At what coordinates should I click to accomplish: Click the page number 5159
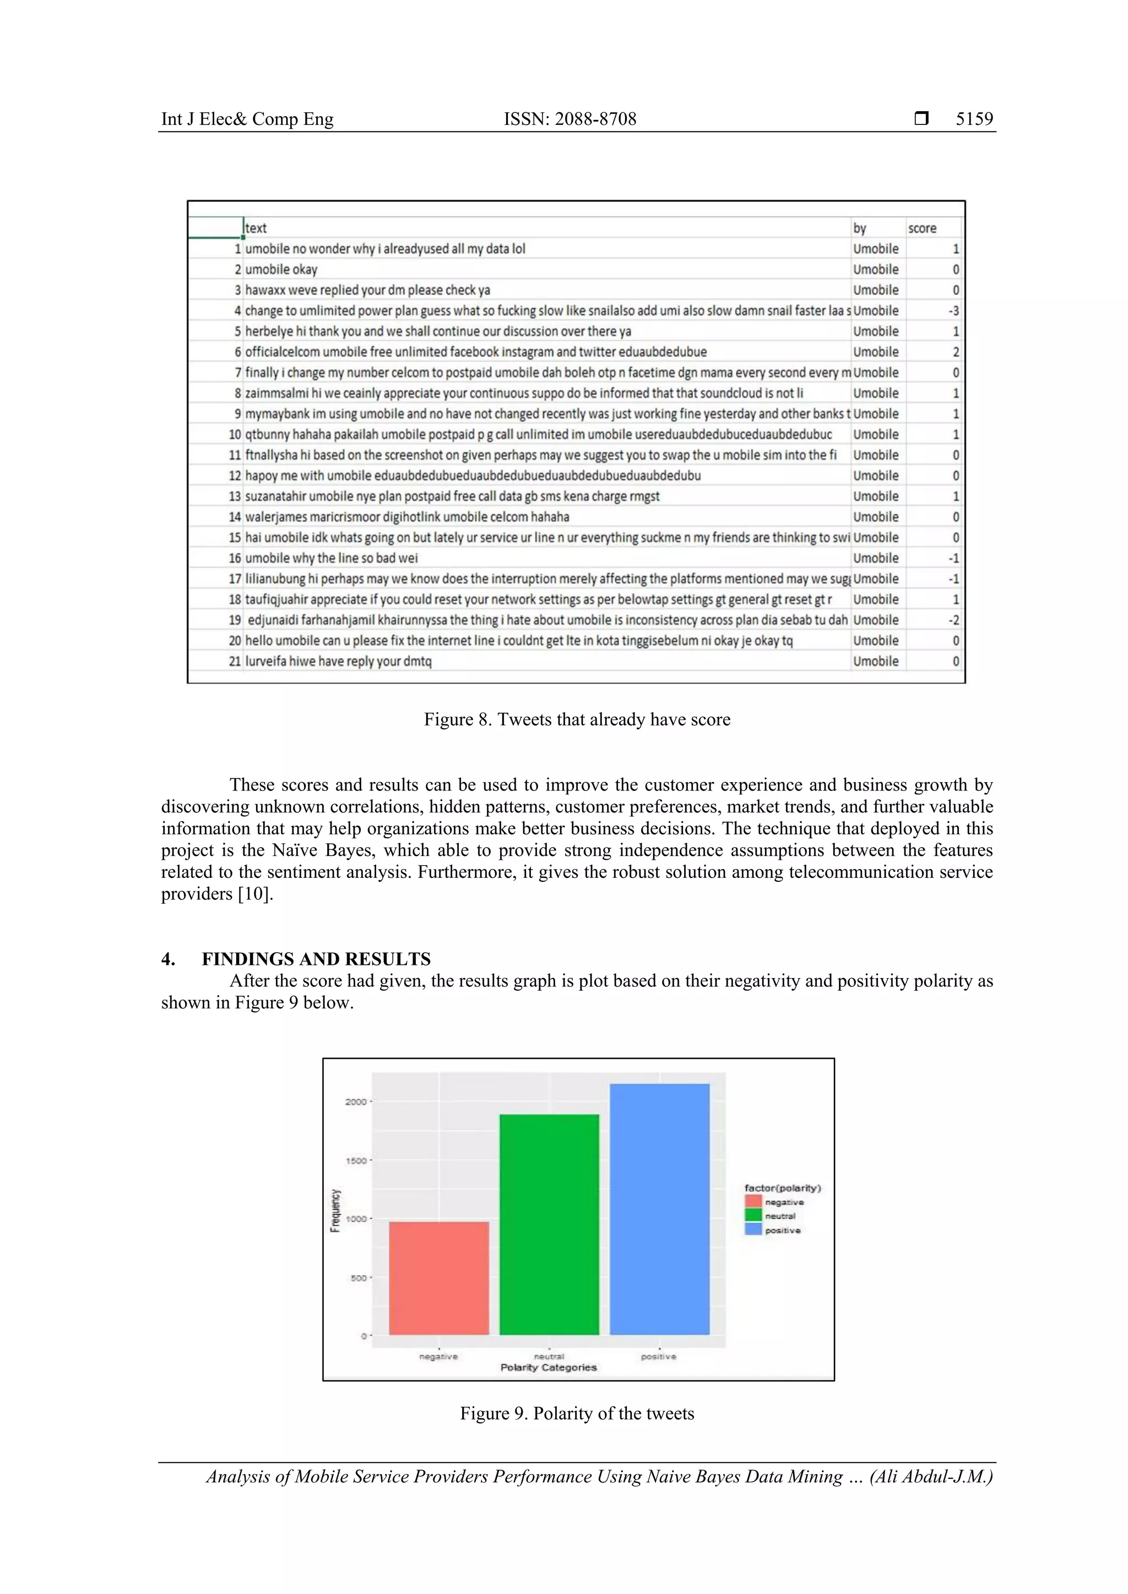[x=974, y=119]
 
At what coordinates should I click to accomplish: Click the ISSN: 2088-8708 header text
[x=570, y=119]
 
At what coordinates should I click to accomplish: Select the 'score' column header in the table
[x=921, y=228]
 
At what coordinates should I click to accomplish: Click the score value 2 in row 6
[x=956, y=352]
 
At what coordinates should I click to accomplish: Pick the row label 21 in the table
[x=235, y=662]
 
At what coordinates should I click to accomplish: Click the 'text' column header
[x=256, y=228]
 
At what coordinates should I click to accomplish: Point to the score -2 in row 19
[x=953, y=620]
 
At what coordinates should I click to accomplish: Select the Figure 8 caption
[x=577, y=719]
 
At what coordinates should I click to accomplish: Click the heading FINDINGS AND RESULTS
[x=316, y=959]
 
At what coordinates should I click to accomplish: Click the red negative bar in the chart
[x=438, y=1278]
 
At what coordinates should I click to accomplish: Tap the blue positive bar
[x=659, y=1208]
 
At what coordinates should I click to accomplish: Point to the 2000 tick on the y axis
[x=356, y=1102]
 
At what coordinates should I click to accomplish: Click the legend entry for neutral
[x=779, y=1216]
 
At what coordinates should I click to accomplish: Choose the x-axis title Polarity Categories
[x=548, y=1367]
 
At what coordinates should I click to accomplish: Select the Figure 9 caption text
[x=577, y=1413]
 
